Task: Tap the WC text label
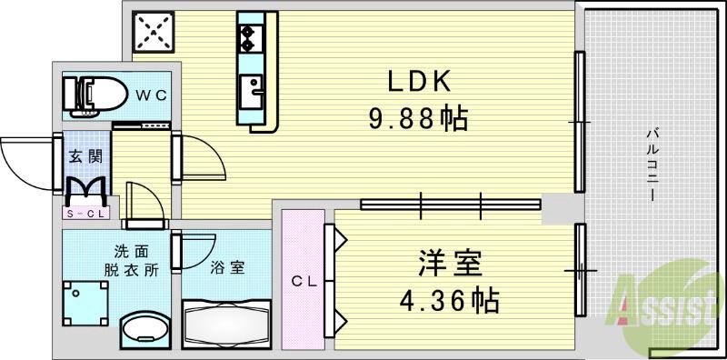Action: click(151, 94)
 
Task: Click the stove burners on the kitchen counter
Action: click(247, 36)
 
